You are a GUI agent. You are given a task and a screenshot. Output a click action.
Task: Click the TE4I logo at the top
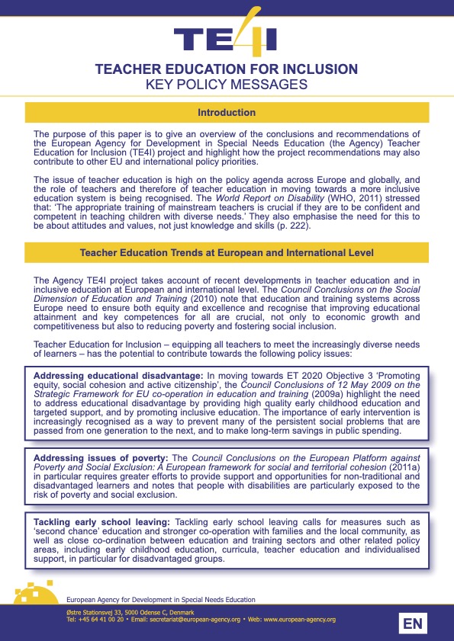[x=226, y=34]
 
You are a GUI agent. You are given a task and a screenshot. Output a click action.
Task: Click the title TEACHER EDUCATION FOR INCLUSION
[x=226, y=69]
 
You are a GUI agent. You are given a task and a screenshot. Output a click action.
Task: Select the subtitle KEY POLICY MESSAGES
[x=226, y=85]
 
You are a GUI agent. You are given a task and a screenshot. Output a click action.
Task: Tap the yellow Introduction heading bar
[x=226, y=113]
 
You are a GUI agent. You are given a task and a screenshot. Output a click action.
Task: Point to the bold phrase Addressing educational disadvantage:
[x=117, y=376]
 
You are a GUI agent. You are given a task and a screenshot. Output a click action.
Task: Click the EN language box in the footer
[x=413, y=624]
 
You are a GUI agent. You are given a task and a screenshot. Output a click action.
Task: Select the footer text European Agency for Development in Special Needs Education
[x=161, y=601]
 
